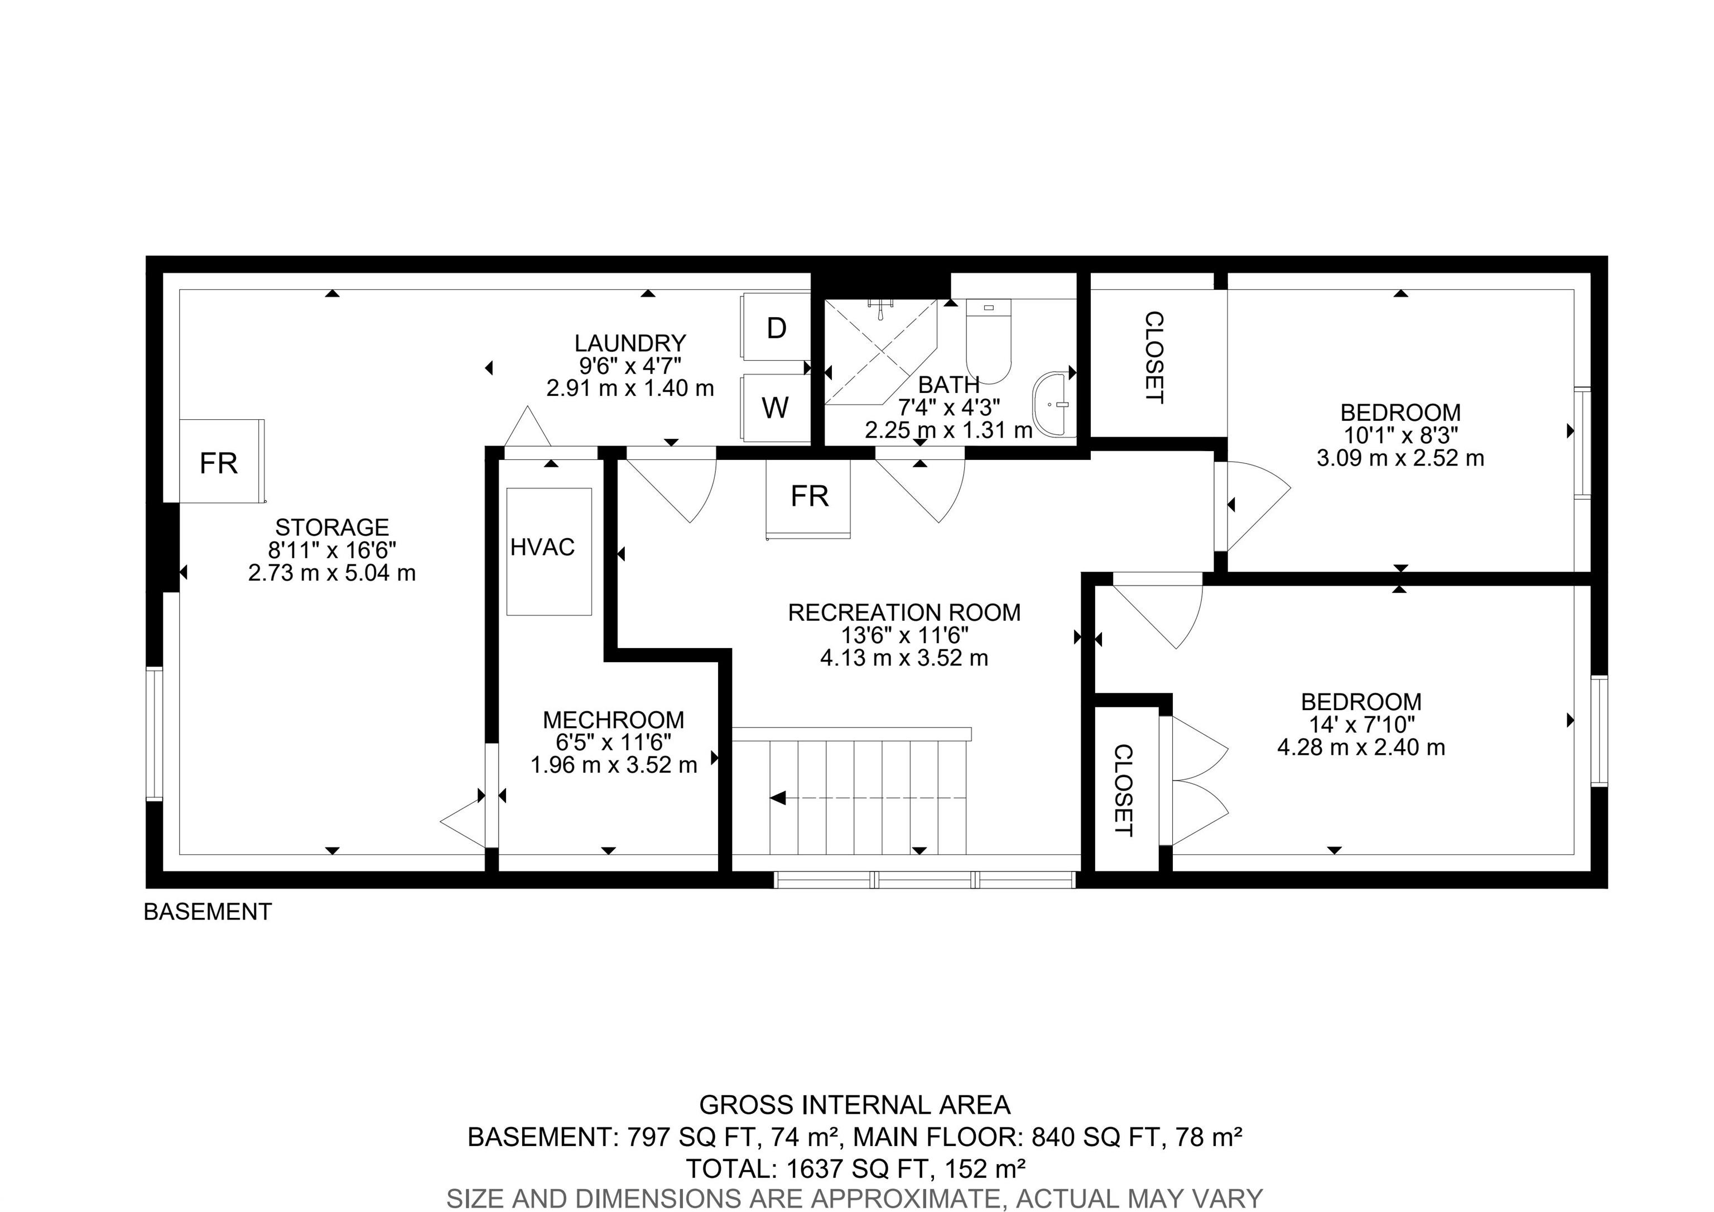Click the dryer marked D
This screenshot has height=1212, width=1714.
point(776,328)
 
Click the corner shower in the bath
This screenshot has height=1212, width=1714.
point(880,352)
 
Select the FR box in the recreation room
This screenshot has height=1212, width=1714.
point(808,498)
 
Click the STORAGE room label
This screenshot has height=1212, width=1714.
point(332,527)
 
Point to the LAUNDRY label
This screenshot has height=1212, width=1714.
point(630,343)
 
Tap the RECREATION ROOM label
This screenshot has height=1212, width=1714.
point(904,612)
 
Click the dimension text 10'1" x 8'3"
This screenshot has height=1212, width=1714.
point(1400,435)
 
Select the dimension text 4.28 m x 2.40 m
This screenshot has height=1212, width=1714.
point(1361,747)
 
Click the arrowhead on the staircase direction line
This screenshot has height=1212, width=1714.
point(778,798)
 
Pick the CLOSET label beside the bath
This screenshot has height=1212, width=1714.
point(1154,358)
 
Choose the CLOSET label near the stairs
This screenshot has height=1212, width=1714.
point(1123,790)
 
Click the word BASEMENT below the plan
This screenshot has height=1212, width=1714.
point(208,912)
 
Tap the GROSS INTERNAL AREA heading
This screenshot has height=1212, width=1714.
point(855,1104)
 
